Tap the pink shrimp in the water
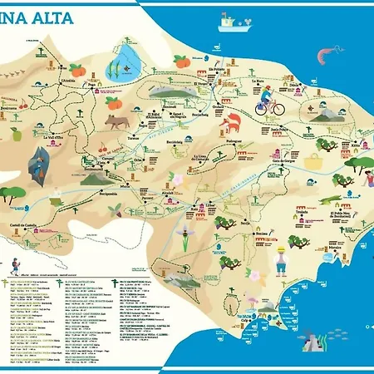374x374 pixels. (323, 56)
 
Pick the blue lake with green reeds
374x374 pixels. (129, 59)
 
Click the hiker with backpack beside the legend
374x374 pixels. (14, 268)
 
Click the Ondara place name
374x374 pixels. (218, 106)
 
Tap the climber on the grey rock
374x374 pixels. (36, 161)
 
